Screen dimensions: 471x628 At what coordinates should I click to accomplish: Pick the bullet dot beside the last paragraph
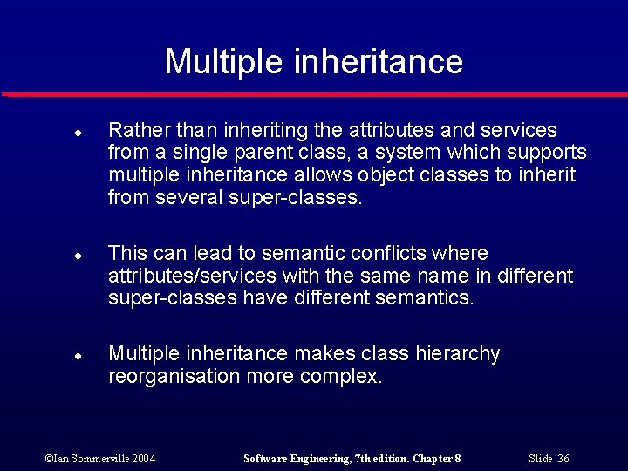click(78, 357)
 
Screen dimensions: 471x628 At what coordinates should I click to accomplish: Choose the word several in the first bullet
click(191, 198)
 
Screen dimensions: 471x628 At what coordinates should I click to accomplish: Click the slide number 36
click(563, 459)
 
